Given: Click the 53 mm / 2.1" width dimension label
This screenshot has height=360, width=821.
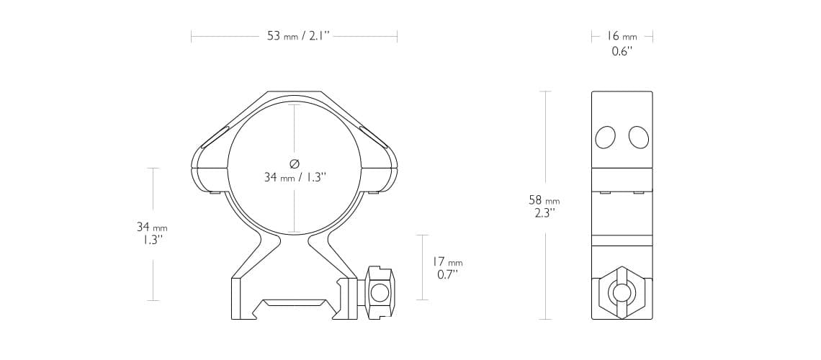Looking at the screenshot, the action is coord(298,36).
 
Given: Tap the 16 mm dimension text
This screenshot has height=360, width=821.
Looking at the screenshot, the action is coord(622,36).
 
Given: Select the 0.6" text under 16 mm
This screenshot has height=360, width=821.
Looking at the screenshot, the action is coord(622,51).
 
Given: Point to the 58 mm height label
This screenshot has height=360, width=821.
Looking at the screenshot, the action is coord(544,200).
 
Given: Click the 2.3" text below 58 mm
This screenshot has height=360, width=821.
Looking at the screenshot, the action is coord(544,213).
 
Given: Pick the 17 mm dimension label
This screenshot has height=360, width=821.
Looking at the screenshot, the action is coord(447,261).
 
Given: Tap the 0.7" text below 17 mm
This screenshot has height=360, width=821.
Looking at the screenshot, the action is coord(448,274).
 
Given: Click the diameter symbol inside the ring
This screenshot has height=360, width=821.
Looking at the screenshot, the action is coord(295,163).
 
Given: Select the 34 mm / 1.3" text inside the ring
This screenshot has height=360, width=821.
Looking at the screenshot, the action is coord(295,177).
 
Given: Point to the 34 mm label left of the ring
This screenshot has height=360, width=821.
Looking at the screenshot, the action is coord(152,227).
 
